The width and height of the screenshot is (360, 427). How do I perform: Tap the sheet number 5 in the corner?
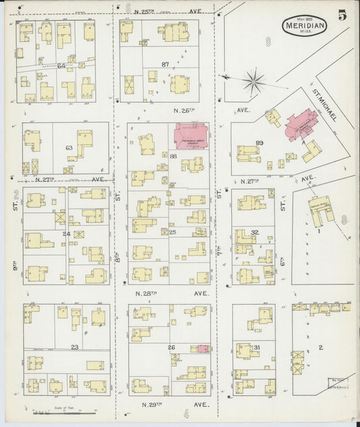coord(343,16)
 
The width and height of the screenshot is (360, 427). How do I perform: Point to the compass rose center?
coord(254,84)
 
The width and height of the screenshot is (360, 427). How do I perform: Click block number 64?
coord(61,66)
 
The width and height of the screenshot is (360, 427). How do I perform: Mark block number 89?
coord(259,144)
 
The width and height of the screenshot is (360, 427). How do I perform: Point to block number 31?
coord(256,348)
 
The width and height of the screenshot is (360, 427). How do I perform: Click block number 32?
coord(255,232)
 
